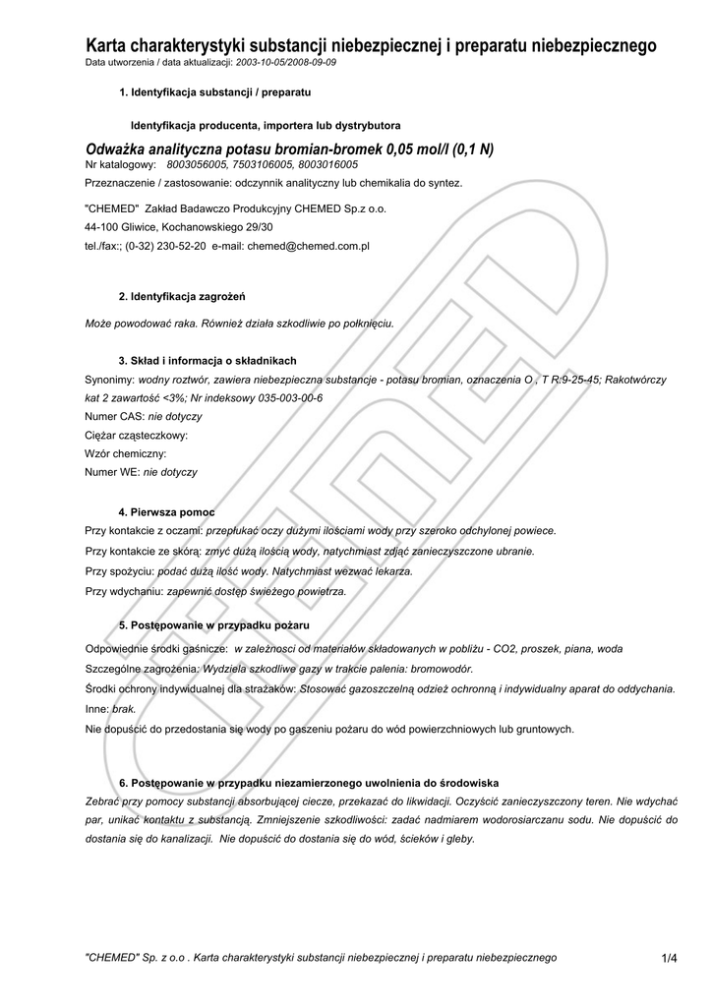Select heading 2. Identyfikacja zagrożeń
point(182,296)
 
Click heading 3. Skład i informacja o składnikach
point(207,360)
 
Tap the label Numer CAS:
point(115,416)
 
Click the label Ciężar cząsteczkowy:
point(137,435)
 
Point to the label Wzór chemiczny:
point(126,453)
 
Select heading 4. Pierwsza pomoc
point(166,512)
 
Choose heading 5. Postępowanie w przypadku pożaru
point(213,625)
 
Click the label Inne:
point(97,708)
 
